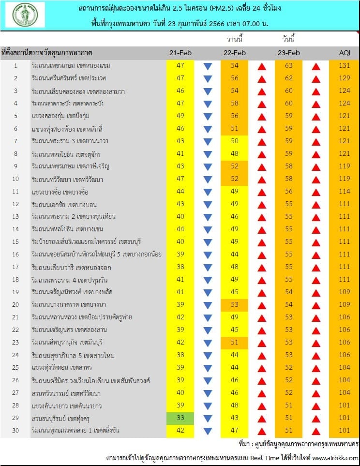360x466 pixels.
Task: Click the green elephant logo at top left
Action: click(25, 15)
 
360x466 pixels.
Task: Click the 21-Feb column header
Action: click(180, 53)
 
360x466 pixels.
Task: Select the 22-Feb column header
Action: click(235, 53)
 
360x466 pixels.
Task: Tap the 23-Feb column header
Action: click(289, 53)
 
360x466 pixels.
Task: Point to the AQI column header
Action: click(343, 53)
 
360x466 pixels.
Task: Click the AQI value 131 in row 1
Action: click(343, 66)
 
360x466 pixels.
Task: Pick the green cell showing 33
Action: click(180, 418)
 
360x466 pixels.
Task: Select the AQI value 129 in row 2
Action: click(343, 78)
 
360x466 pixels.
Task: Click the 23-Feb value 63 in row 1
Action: click(289, 66)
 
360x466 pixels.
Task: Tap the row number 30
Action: click(15, 430)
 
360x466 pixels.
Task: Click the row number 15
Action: click(15, 241)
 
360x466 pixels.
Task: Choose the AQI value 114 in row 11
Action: click(343, 191)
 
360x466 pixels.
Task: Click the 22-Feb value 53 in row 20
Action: click(235, 304)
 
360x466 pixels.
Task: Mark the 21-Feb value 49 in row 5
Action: click(180, 116)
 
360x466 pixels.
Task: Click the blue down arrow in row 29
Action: click(208, 418)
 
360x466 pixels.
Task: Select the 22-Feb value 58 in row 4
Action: click(235, 104)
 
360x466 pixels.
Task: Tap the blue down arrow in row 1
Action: click(208, 66)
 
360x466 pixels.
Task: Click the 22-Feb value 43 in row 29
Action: click(235, 418)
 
